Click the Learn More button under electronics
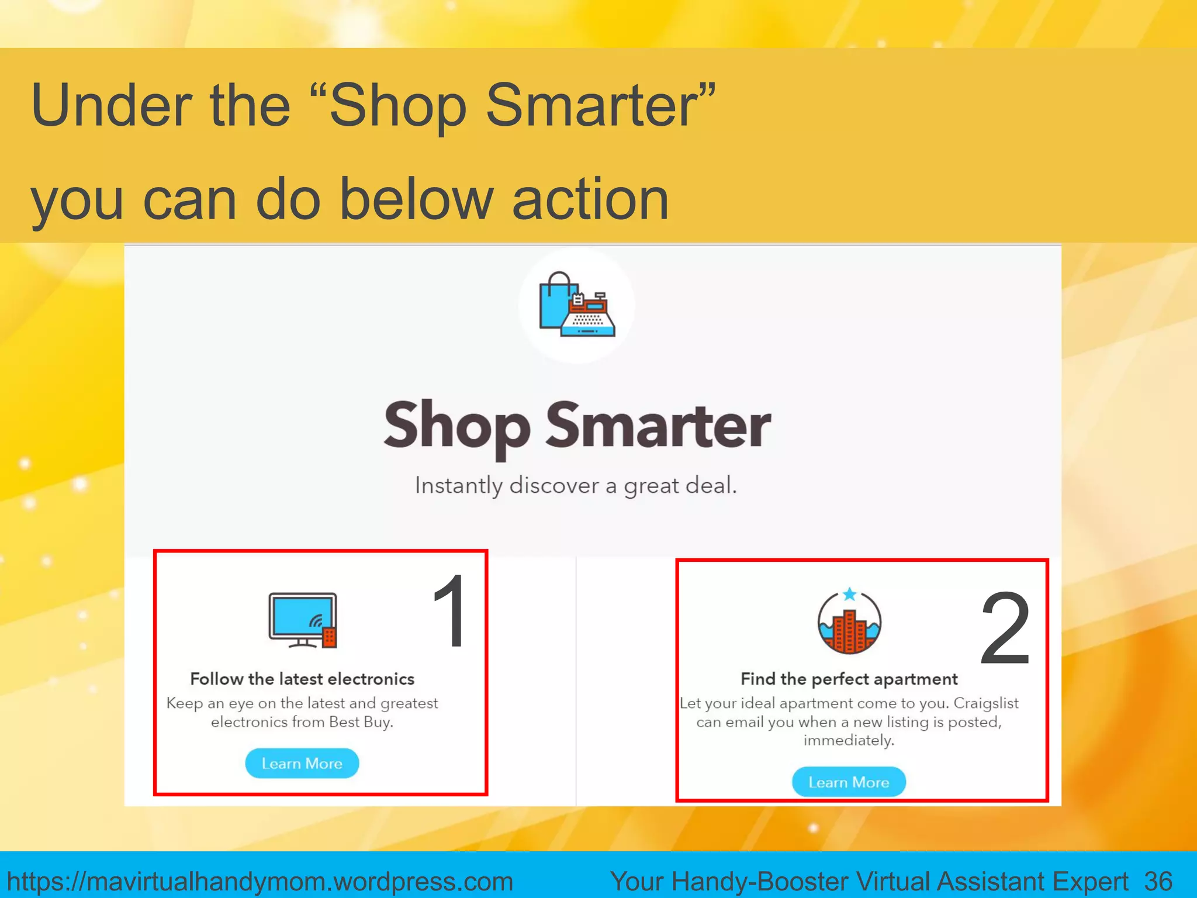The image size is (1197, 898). (302, 763)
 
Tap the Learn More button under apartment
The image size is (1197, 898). (849, 782)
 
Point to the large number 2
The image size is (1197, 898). (1005, 628)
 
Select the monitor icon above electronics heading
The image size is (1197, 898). (302, 620)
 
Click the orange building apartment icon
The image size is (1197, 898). (849, 623)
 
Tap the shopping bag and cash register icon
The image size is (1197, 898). (577, 305)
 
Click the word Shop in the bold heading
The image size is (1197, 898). (457, 426)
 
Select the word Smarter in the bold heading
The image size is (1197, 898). (658, 426)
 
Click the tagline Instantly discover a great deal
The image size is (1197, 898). (576, 485)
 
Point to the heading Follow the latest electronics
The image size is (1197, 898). (302, 679)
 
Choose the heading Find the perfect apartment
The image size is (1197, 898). (849, 679)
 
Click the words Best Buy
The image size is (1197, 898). (360, 722)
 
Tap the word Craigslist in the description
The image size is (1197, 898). (986, 703)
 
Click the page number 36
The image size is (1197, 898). (1158, 880)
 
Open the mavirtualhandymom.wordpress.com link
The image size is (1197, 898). (260, 881)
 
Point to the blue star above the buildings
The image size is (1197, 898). (850, 595)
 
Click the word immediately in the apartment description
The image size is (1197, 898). (849, 741)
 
